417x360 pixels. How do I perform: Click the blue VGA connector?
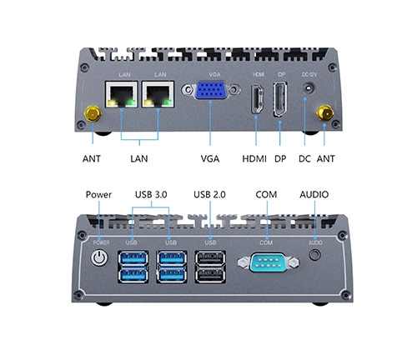211,90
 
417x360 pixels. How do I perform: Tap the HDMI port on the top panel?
258,99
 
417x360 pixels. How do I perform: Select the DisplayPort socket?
280,99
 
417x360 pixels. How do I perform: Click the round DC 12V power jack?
309,88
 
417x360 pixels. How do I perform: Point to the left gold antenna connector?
93,113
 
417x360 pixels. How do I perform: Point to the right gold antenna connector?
324,112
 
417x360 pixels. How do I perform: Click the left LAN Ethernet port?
122,94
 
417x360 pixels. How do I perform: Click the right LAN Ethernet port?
158,94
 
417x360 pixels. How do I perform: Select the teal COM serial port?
269,262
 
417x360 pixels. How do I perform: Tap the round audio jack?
314,255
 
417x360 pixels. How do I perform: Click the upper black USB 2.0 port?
210,258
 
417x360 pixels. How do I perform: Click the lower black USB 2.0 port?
210,275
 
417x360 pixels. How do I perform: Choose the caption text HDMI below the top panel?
254,159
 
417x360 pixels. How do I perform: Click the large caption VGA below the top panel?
210,159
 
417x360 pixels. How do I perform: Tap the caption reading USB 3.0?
151,194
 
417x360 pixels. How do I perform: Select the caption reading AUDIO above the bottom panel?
314,194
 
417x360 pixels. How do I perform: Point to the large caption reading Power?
98,194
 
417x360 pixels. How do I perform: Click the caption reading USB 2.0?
209,194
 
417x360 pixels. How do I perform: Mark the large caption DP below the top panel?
280,159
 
